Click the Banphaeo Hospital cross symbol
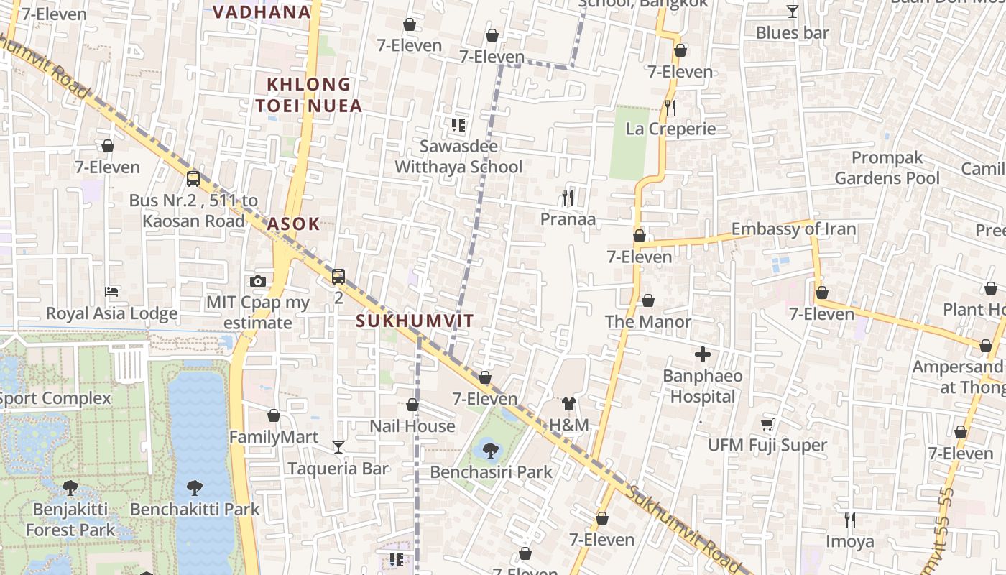pyautogui.click(x=702, y=354)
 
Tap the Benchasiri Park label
pyautogui.click(x=491, y=472)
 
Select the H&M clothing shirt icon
pyautogui.click(x=569, y=404)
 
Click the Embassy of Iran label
pyautogui.click(x=793, y=229)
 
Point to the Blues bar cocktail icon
pyautogui.click(x=792, y=11)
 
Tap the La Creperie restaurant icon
pyautogui.click(x=670, y=108)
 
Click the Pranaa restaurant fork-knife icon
pyautogui.click(x=568, y=197)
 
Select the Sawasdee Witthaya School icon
pyautogui.click(x=458, y=125)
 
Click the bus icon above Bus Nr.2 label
pyautogui.click(x=193, y=178)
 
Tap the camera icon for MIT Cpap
pyautogui.click(x=258, y=281)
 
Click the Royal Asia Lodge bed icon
pyautogui.click(x=111, y=291)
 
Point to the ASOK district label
pyautogui.click(x=293, y=224)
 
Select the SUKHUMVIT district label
pyautogui.click(x=415, y=321)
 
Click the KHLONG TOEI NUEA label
pyautogui.click(x=308, y=95)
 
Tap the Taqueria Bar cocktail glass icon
pyautogui.click(x=338, y=447)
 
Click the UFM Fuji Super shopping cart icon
pyautogui.click(x=767, y=424)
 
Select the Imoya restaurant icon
pyautogui.click(x=849, y=520)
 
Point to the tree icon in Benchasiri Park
pyautogui.click(x=491, y=451)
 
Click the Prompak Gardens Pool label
pyautogui.click(x=887, y=167)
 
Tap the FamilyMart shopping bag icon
pyautogui.click(x=273, y=415)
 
